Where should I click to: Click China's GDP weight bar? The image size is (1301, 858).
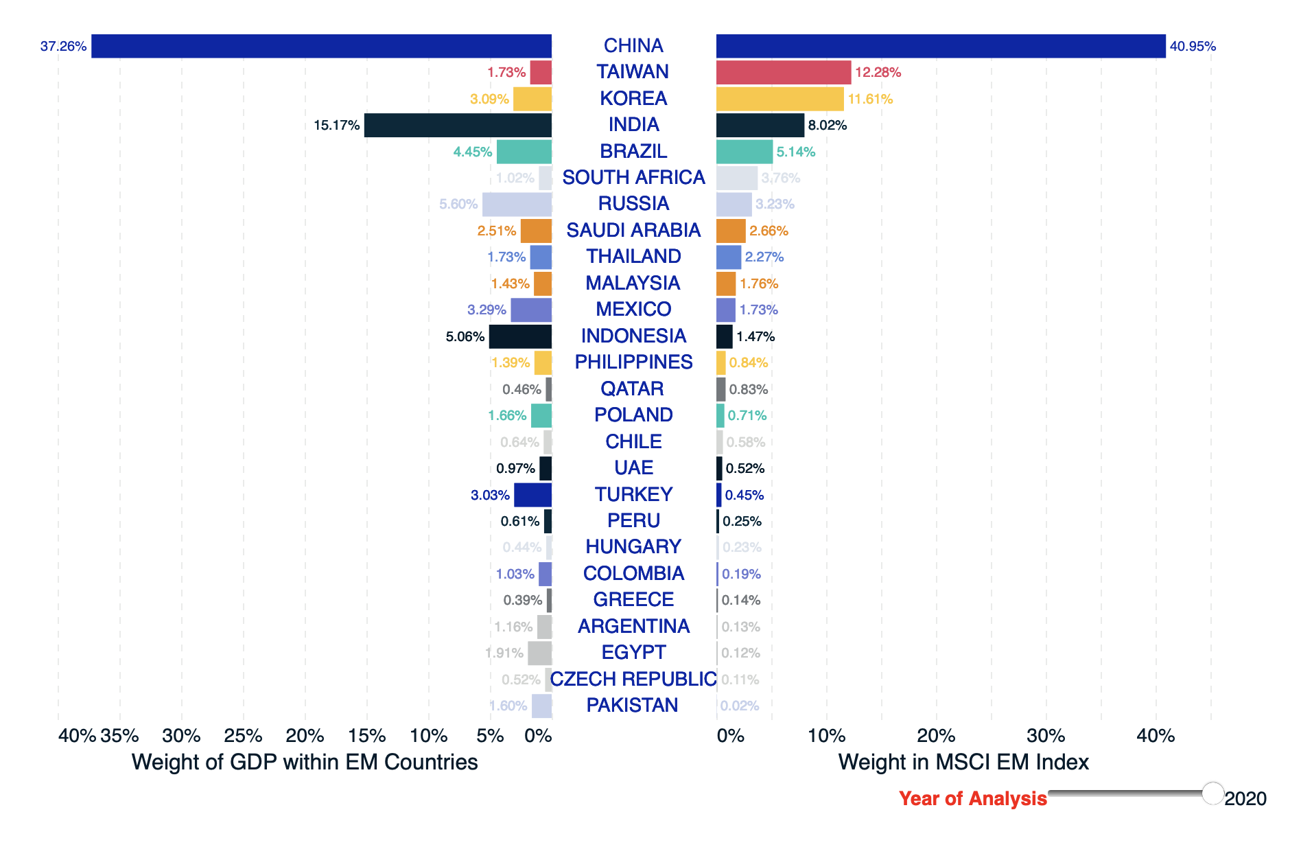[x=321, y=46]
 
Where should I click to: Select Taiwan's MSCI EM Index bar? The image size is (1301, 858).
[x=783, y=72]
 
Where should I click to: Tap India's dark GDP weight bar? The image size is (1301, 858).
[x=458, y=125]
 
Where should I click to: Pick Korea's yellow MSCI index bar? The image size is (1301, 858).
[x=780, y=99]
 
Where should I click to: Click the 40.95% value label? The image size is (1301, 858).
[x=1193, y=46]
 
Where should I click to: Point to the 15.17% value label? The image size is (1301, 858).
[x=336, y=125]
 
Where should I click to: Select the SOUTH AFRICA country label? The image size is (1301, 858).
[x=633, y=177]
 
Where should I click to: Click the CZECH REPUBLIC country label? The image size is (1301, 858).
[x=633, y=679]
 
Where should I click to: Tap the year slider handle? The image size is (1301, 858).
[x=1213, y=793]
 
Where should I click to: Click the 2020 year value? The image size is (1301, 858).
[x=1245, y=798]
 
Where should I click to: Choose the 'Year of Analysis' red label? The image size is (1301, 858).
[x=972, y=798]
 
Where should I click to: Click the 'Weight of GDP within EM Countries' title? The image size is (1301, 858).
[x=305, y=762]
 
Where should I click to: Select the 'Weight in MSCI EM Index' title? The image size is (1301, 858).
[x=963, y=762]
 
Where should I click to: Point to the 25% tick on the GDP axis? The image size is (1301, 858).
[x=243, y=736]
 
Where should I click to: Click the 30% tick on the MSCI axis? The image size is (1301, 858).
[x=1046, y=736]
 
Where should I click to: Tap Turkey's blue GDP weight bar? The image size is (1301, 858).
[x=532, y=495]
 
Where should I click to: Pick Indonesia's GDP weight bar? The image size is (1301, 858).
[x=520, y=336]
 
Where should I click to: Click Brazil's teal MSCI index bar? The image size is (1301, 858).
[x=745, y=152]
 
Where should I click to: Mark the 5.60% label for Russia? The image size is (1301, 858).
[x=458, y=204]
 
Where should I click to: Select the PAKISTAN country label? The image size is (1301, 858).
[x=632, y=705]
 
